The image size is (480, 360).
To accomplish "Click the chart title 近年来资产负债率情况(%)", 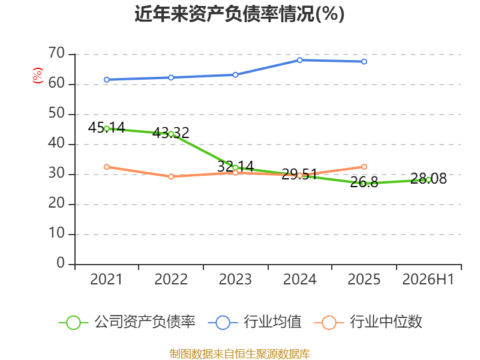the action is pos(239,14).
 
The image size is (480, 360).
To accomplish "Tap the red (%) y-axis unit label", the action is pos(38,76).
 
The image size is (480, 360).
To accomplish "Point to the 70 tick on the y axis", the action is pos(56,53).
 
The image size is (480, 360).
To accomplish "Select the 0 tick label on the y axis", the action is pos(61,263).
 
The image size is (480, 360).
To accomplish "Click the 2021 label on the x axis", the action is pos(106,279).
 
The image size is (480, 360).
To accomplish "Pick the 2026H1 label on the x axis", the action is pos(428,279).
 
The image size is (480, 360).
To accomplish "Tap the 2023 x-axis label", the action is pos(235,279).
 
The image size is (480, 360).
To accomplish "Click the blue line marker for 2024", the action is pos(299,60).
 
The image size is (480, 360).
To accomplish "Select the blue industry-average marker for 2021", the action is pos(107,80).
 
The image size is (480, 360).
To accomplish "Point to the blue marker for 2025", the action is pos(364,62).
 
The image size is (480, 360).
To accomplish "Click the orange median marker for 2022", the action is pos(171,176).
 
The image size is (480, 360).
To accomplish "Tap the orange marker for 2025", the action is pos(364,167).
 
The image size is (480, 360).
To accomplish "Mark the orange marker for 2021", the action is pos(107,167).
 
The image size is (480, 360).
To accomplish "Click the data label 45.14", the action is pos(107,127).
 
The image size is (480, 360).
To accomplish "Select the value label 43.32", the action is pos(171,133).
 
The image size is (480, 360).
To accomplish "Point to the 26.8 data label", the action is pos(364,182).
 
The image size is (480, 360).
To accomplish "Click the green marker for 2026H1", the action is pos(428,180).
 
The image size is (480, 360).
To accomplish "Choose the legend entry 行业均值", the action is pos(254,322).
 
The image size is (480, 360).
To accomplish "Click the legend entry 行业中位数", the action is pos(368,322).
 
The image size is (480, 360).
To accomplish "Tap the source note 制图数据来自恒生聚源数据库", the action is pos(239,353).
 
